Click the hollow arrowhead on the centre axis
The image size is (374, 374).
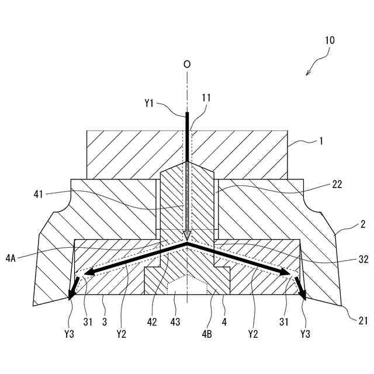[186, 236]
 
